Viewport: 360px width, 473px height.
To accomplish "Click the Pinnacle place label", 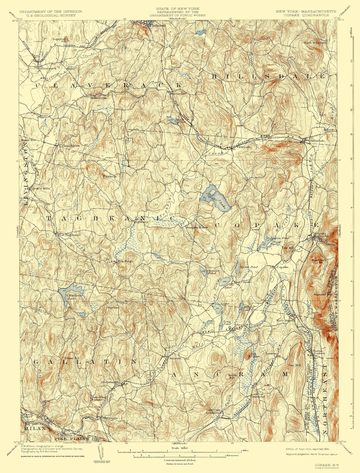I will point(110,176).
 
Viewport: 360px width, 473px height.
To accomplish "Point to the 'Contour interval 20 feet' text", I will point(179,460).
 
